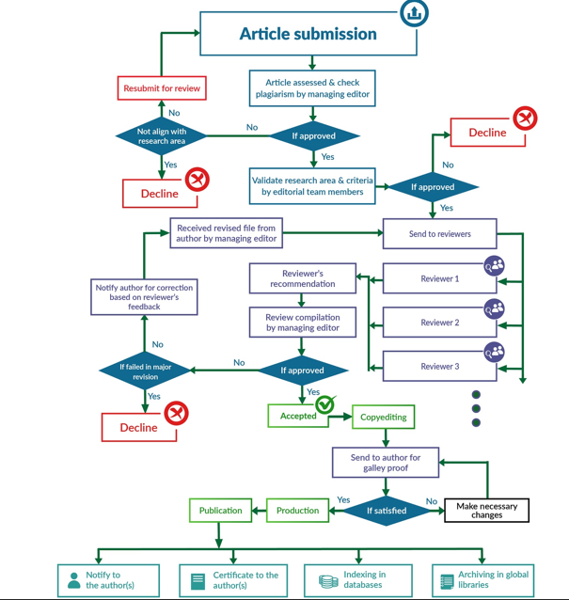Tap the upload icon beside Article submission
click(413, 14)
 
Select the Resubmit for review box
click(162, 88)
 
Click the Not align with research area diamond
click(161, 136)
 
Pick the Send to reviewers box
click(439, 233)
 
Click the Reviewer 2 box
click(439, 323)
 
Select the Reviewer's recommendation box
click(302, 278)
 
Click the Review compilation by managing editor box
click(302, 323)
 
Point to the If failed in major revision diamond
click(145, 371)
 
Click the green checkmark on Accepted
click(324, 404)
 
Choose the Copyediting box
click(383, 417)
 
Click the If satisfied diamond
click(386, 511)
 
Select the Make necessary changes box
click(486, 511)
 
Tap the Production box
click(297, 511)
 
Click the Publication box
click(220, 511)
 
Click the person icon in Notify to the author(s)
click(73, 580)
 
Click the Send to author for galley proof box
click(386, 463)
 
